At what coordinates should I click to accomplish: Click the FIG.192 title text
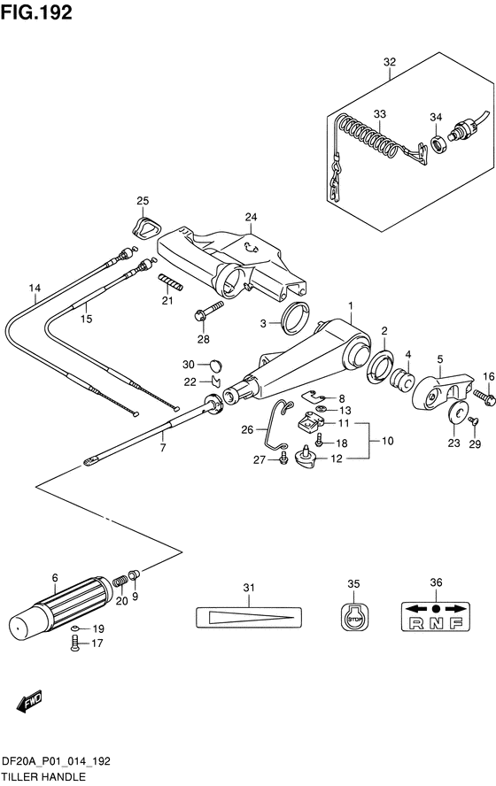(x=36, y=12)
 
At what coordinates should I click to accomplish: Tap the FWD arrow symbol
(x=29, y=702)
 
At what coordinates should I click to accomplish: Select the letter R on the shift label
(x=416, y=624)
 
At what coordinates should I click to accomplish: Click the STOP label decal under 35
(x=354, y=615)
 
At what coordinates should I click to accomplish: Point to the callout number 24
(x=251, y=217)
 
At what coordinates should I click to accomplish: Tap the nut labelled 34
(x=438, y=144)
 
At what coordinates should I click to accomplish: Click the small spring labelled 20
(x=120, y=582)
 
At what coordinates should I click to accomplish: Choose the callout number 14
(x=35, y=289)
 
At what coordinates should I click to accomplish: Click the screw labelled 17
(x=75, y=643)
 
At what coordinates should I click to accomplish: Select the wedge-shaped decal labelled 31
(x=248, y=617)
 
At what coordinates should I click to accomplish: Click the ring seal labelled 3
(x=296, y=320)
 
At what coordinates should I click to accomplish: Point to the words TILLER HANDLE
(x=43, y=777)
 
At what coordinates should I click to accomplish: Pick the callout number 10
(x=387, y=441)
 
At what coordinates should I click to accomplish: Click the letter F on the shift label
(x=456, y=624)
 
